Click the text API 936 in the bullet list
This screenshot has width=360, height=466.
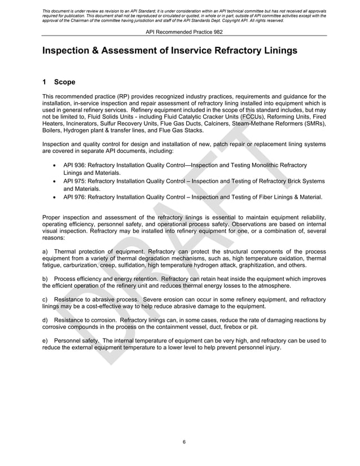click(x=75, y=165)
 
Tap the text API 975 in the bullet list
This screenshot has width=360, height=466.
click(x=75, y=181)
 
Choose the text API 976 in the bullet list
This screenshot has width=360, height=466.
click(x=75, y=197)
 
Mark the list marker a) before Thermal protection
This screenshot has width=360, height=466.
click(x=46, y=251)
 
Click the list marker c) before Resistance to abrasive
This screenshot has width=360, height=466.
click(x=46, y=299)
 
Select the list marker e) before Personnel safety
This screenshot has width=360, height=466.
click(x=46, y=340)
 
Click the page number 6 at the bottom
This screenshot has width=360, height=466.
click(x=184, y=442)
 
